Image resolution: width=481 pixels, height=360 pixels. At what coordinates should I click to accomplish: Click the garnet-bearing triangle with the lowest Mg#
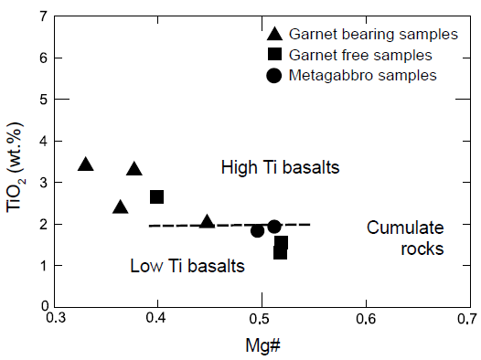[x=86, y=164]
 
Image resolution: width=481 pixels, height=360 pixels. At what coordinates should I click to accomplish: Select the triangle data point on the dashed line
[x=208, y=222]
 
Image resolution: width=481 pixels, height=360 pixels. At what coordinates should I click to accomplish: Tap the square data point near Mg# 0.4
[x=157, y=196]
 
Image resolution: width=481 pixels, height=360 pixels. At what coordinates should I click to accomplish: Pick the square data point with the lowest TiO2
[x=280, y=252]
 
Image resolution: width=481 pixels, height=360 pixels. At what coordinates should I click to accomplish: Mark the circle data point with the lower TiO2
[x=258, y=230]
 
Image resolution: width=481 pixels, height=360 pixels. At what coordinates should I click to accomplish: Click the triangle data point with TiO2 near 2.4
[x=120, y=207]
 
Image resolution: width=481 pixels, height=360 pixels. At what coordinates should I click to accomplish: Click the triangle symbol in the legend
[x=273, y=35]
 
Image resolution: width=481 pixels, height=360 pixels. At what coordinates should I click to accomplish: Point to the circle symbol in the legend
[x=273, y=74]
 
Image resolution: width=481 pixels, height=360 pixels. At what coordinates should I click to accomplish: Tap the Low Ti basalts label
[x=187, y=267]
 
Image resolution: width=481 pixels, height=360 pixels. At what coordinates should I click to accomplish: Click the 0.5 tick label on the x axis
[x=262, y=320]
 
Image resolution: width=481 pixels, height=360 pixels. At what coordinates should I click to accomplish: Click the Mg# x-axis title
[x=262, y=345]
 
